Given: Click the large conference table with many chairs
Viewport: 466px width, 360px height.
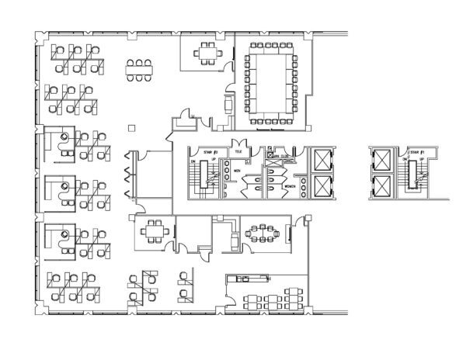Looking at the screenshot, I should [272, 83].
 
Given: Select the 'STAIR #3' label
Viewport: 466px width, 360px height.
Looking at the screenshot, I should [207, 153].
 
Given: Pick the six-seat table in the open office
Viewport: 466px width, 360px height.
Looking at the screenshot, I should [141, 69].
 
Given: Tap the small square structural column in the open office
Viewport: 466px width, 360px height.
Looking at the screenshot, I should [131, 126].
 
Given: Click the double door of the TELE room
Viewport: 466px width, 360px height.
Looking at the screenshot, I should [243, 144].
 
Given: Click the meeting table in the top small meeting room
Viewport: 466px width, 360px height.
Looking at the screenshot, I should [207, 52].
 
